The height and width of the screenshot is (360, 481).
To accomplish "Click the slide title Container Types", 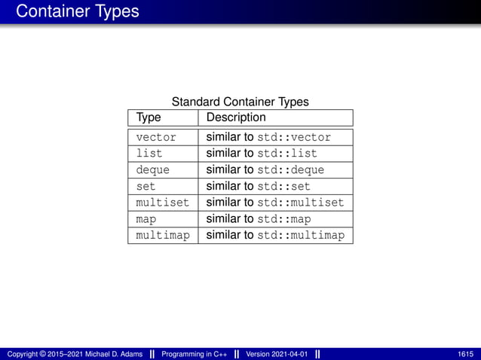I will click(77, 11).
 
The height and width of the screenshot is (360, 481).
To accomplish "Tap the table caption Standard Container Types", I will click(240, 102).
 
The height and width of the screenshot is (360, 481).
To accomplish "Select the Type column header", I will click(149, 117).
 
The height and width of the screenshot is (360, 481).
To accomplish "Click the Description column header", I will click(236, 117).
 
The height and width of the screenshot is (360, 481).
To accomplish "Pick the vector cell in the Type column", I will click(156, 138).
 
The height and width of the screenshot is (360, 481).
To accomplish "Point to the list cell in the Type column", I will click(149, 154).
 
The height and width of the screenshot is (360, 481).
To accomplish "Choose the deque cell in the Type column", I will click(152, 170).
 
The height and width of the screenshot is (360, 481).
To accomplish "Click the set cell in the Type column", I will click(146, 186).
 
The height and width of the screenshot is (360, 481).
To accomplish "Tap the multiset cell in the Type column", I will click(162, 203).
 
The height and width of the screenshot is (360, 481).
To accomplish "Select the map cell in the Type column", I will click(146, 219).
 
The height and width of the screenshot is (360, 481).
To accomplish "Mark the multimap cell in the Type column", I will click(162, 236).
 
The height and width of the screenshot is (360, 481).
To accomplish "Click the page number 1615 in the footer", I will click(465, 354).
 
